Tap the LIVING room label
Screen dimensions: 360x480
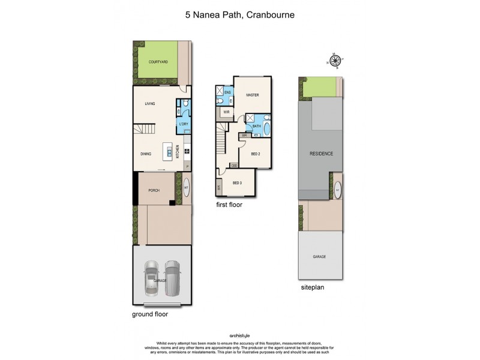(150, 104)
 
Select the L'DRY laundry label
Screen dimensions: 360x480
(184, 124)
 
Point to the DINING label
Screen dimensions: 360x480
(146, 154)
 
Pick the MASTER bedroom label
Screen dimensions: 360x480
(252, 95)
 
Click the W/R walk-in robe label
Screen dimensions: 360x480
(226, 112)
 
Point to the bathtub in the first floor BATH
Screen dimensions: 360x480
(267, 127)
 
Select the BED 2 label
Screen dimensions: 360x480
(255, 154)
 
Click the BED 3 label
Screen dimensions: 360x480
(237, 182)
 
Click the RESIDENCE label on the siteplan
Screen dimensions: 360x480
(321, 154)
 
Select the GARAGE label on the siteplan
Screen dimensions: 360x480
(319, 256)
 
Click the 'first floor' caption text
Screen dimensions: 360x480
(230, 205)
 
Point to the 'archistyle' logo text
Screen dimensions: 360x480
(239, 335)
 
